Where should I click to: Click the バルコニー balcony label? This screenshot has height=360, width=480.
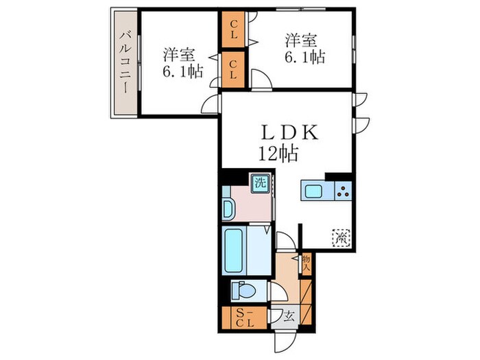[x=125, y=62]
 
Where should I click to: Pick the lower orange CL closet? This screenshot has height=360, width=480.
[x=234, y=70]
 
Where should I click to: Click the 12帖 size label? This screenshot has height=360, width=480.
[x=278, y=155]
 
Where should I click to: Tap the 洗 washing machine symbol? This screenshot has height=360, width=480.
[x=260, y=184]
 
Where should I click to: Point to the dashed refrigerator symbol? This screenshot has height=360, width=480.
[x=341, y=237]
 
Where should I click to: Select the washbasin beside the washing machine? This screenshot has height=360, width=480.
[x=228, y=208]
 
